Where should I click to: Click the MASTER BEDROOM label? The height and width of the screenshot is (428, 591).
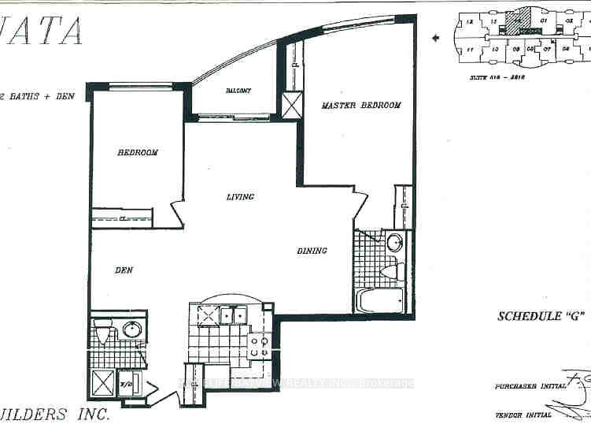pyautogui.click(x=361, y=105)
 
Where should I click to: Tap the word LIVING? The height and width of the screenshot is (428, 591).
pyautogui.click(x=240, y=196)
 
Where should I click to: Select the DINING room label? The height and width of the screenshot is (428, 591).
pyautogui.click(x=312, y=251)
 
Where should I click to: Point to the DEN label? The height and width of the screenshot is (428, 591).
pyautogui.click(x=123, y=270)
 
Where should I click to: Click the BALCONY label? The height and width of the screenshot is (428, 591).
pyautogui.click(x=237, y=91)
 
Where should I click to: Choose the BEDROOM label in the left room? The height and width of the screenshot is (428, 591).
pyautogui.click(x=138, y=152)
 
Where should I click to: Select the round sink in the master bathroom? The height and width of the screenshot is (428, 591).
pyautogui.click(x=393, y=243)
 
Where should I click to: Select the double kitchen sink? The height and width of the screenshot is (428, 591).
pyautogui.click(x=231, y=315)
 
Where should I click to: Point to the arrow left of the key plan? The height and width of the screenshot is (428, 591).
pyautogui.click(x=437, y=37)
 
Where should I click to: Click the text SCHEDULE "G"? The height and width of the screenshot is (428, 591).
pyautogui.click(x=542, y=317)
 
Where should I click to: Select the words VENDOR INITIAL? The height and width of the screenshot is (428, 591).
pyautogui.click(x=523, y=415)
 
